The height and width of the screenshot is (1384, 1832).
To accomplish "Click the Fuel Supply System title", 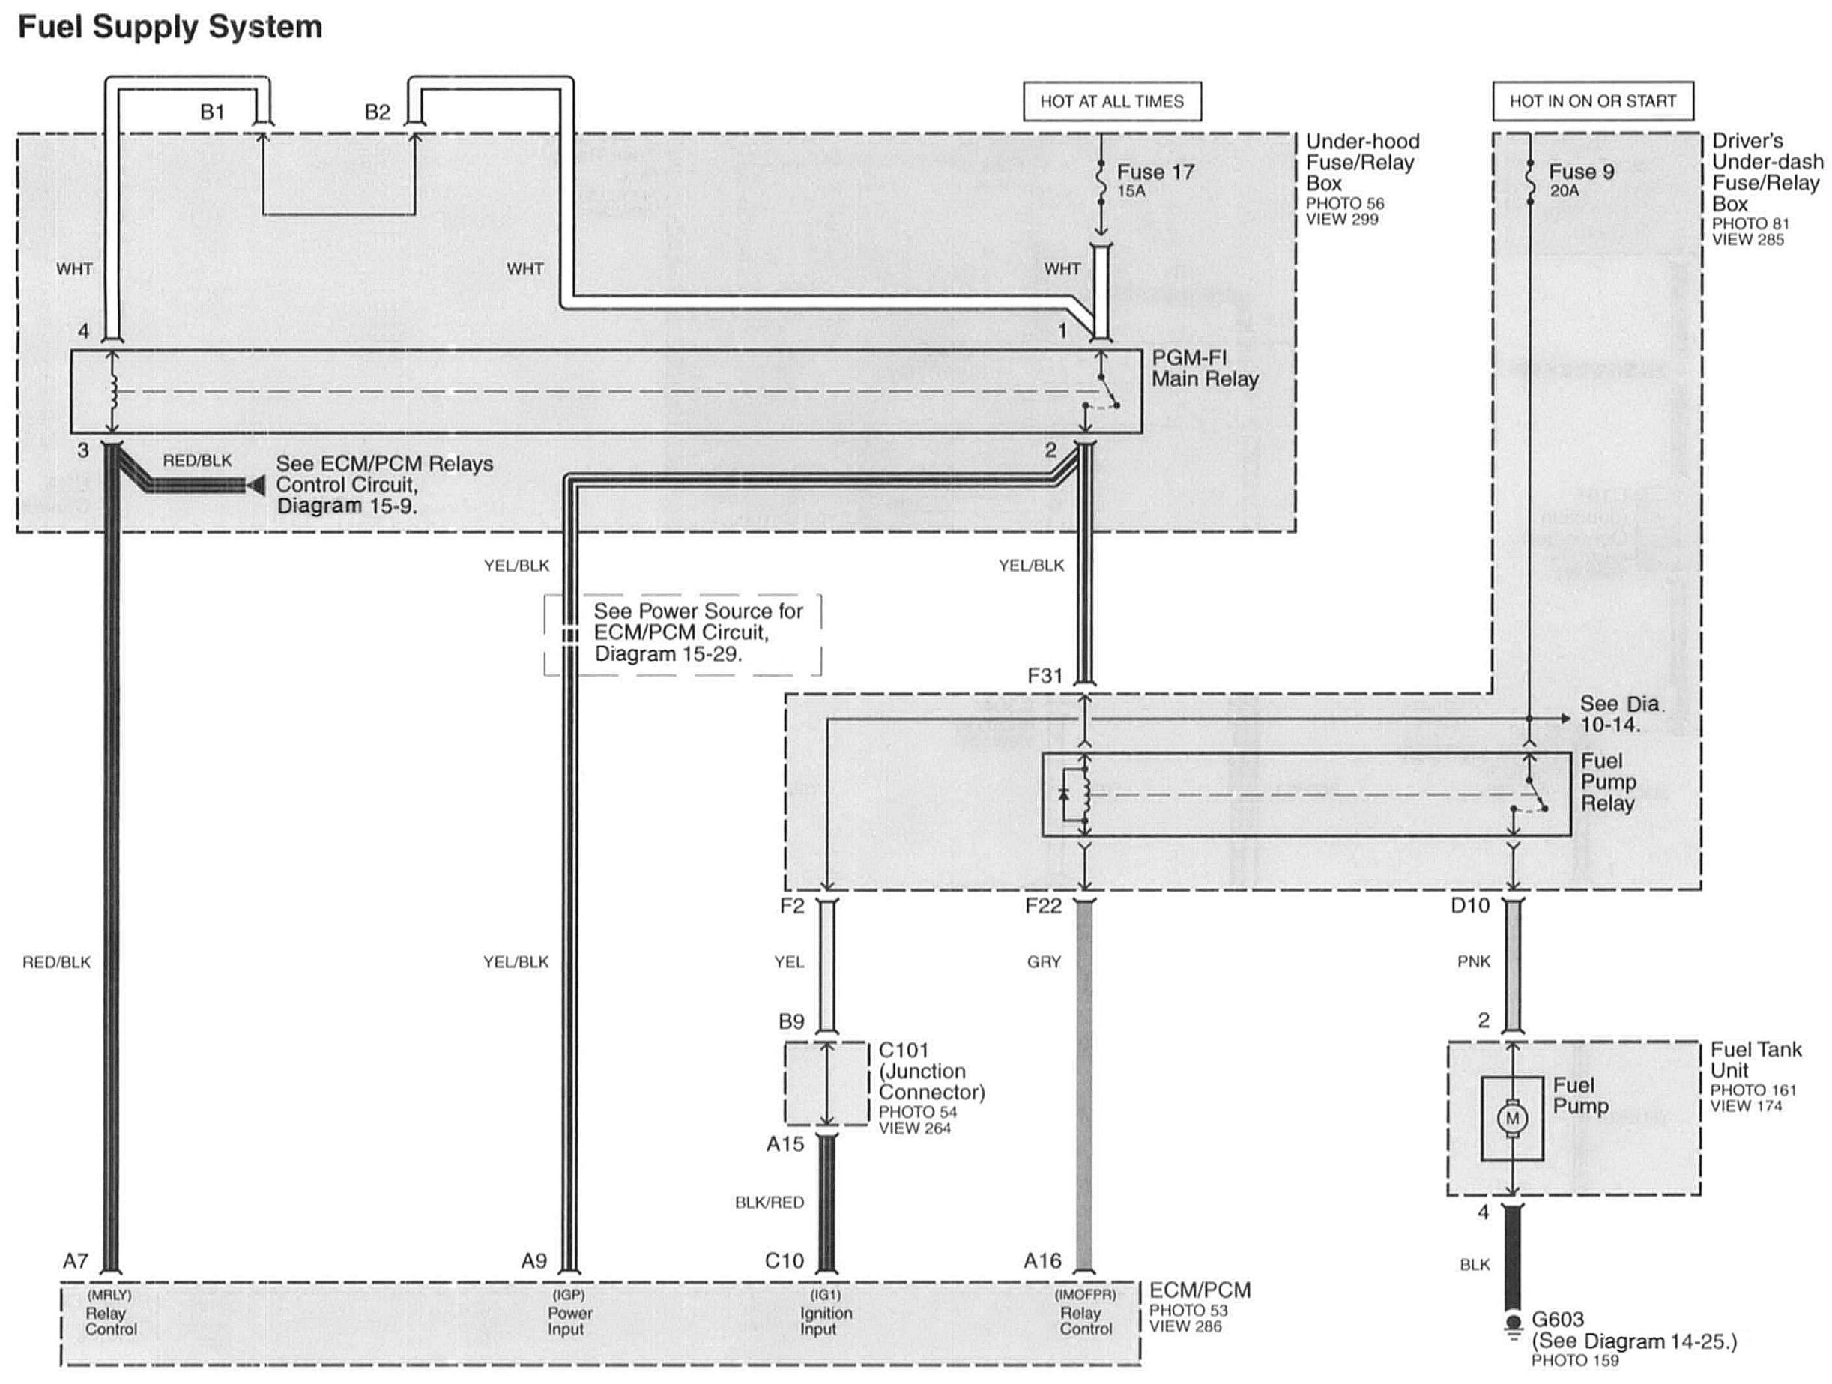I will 170,26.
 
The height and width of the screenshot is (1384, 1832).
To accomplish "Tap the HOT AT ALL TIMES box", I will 1111,102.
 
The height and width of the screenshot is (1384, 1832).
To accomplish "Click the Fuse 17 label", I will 1155,172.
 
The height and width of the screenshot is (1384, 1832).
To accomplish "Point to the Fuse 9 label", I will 1581,172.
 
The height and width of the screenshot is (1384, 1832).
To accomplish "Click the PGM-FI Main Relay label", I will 1204,369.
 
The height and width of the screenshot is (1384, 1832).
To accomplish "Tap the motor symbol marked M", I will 1512,1119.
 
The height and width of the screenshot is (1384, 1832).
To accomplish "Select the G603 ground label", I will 1557,1320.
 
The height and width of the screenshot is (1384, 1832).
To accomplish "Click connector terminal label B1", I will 212,112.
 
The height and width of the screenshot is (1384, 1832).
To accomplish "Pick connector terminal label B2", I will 377,112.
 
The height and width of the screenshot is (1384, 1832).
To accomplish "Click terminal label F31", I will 1045,676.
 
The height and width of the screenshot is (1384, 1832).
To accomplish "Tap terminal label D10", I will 1470,906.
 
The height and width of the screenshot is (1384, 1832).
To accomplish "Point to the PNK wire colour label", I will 1473,961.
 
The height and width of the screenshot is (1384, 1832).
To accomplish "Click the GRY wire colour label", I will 1044,961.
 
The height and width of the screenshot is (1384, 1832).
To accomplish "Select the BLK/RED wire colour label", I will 770,1203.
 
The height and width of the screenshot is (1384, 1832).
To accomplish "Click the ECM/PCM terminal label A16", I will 1042,1260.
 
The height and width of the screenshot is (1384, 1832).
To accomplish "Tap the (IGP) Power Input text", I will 569,1312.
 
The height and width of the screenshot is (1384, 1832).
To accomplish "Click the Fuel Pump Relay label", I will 1607,782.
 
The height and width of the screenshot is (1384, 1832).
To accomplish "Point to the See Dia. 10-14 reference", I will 1619,714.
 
